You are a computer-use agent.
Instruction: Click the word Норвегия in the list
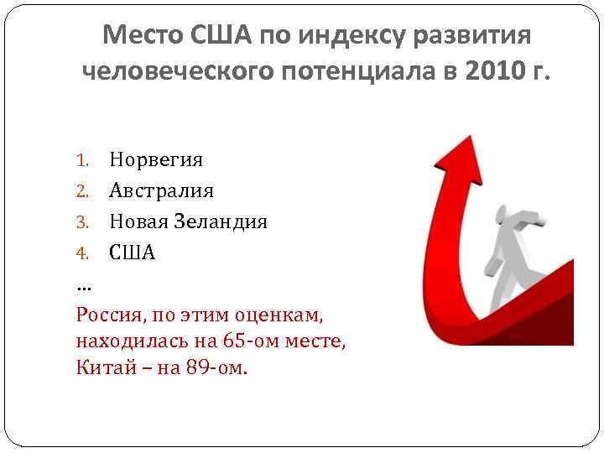155,159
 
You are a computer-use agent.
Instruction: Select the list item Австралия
161,190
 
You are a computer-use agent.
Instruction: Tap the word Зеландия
221,221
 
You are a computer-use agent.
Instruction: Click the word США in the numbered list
133,253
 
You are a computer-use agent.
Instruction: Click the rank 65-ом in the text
251,342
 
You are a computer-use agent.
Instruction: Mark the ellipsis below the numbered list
83,285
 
